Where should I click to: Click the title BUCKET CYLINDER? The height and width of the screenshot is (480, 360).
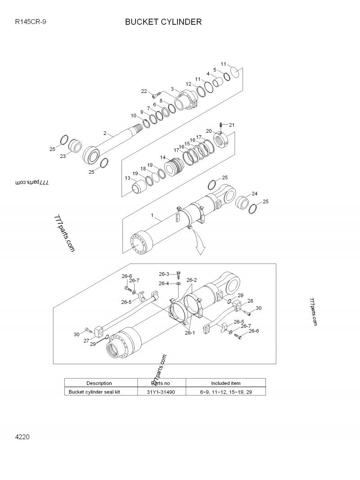(x=163, y=22)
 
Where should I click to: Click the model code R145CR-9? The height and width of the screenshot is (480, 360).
(x=31, y=22)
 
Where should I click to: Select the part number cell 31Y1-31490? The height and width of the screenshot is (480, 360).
(x=161, y=392)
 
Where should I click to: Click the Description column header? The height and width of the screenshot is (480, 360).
(x=99, y=383)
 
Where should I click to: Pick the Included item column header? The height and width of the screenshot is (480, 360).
(x=225, y=383)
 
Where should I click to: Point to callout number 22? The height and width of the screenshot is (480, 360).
(x=144, y=91)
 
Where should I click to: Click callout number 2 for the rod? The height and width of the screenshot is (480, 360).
(x=105, y=133)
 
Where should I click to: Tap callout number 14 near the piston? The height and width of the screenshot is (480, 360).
(x=162, y=158)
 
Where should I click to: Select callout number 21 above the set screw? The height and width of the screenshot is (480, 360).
(x=232, y=125)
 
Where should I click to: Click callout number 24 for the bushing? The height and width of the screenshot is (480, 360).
(x=255, y=194)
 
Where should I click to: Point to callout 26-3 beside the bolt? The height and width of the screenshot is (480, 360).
(x=164, y=274)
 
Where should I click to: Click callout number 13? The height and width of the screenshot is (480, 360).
(x=127, y=178)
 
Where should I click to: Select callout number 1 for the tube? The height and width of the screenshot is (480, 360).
(x=153, y=216)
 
